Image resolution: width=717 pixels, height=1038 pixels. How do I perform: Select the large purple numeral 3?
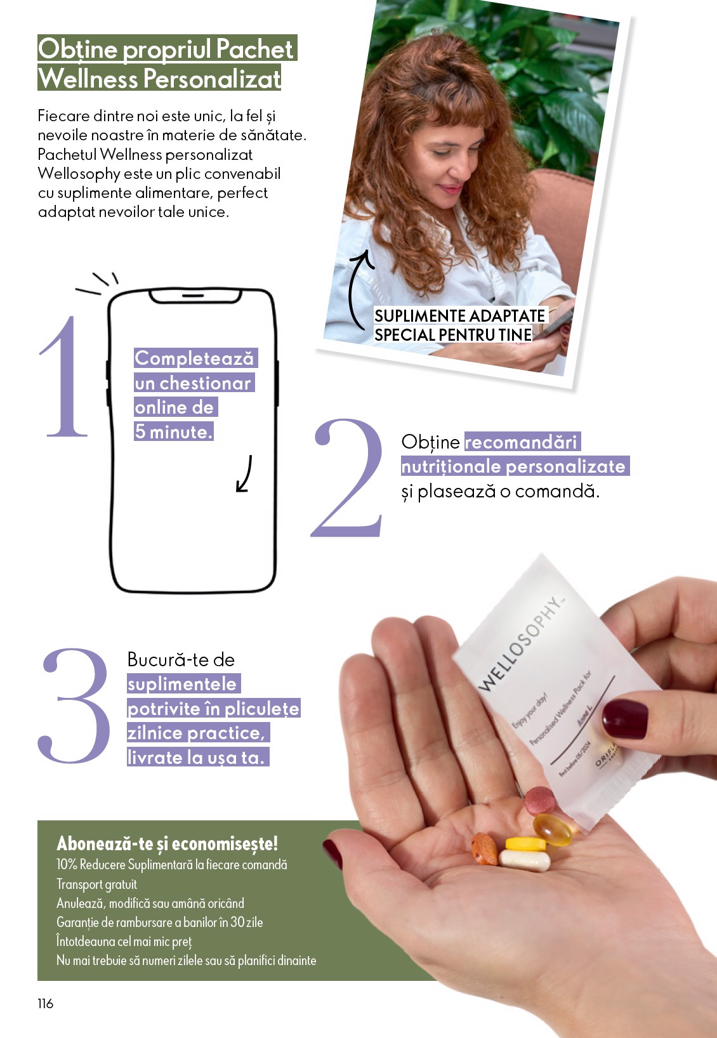tap(75, 706)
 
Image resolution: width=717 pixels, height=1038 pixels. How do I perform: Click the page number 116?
tap(46, 1003)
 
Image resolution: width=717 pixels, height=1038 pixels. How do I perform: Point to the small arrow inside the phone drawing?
tap(244, 475)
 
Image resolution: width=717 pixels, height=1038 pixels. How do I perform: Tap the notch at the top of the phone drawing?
tap(194, 296)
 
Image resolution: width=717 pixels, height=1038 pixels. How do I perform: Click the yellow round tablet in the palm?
tap(525, 844)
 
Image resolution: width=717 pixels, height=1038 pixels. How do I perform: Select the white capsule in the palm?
tap(525, 860)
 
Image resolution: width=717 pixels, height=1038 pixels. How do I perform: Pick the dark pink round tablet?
tap(540, 800)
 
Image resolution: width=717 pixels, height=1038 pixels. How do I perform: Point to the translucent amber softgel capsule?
tap(552, 829)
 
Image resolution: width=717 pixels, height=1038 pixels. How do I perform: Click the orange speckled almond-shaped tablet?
tap(484, 848)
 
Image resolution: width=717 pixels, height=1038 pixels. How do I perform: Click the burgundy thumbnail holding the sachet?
tap(624, 719)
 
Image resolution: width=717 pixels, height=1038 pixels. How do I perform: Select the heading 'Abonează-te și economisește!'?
tap(167, 843)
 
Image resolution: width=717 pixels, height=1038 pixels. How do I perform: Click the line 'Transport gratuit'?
tap(96, 884)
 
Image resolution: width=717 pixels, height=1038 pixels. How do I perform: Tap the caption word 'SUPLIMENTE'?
tap(420, 316)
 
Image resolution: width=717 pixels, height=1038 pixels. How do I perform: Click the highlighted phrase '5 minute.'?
tap(173, 432)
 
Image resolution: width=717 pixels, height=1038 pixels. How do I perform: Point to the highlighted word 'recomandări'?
tap(522, 442)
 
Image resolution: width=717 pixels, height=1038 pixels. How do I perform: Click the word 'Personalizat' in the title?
tap(212, 79)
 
